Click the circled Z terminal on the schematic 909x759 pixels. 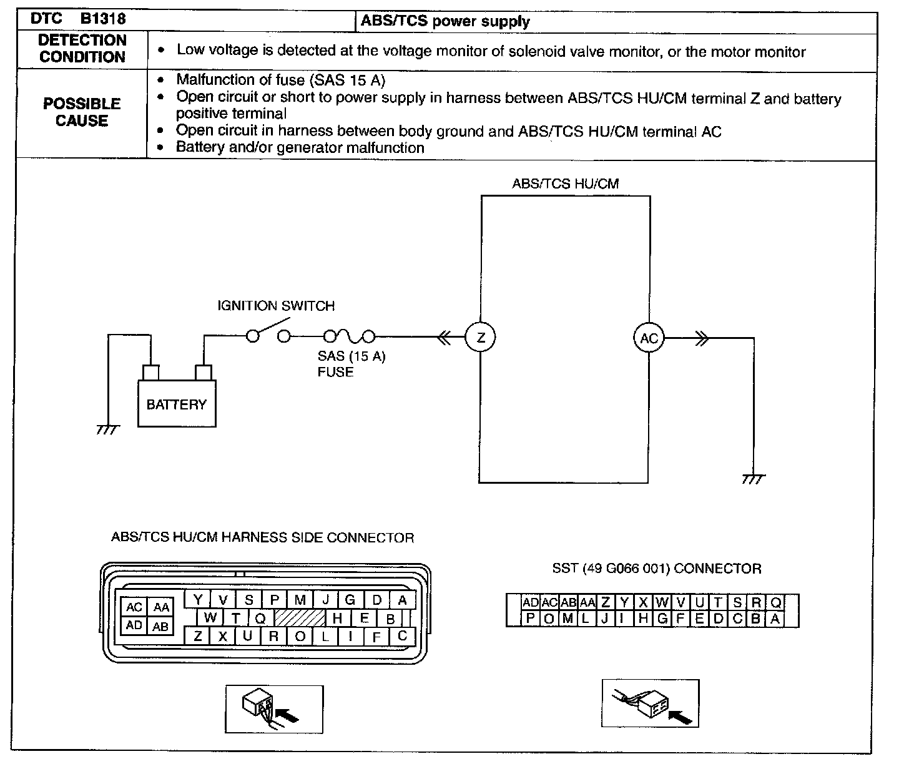(x=480, y=338)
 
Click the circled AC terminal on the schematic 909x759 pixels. (x=649, y=338)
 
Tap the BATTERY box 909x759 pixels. (x=177, y=404)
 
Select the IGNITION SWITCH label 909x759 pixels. (x=276, y=306)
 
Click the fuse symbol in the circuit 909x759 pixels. (x=349, y=337)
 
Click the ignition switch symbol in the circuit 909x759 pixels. (x=268, y=334)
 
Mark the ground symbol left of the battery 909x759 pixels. (x=107, y=430)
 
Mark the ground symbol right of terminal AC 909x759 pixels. (x=754, y=479)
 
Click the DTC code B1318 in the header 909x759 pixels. (x=102, y=19)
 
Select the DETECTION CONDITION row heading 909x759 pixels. (x=82, y=49)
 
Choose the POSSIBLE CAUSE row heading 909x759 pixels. (x=82, y=112)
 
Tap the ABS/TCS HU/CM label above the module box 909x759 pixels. (x=565, y=184)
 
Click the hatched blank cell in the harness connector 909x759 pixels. (x=300, y=618)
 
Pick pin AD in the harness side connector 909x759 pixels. (x=134, y=625)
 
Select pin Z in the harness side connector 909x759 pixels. (x=198, y=636)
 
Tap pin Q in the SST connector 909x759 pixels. (x=775, y=602)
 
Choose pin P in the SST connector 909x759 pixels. (x=530, y=619)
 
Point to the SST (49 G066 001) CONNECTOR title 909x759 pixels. (x=656, y=569)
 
